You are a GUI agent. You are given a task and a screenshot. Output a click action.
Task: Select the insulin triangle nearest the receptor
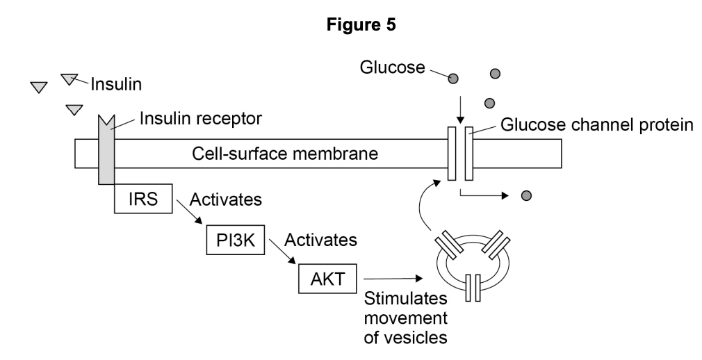[74, 110]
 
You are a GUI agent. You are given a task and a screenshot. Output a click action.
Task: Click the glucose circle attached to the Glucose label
[452, 79]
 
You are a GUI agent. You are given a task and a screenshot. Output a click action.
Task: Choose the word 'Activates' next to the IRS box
[228, 200]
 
